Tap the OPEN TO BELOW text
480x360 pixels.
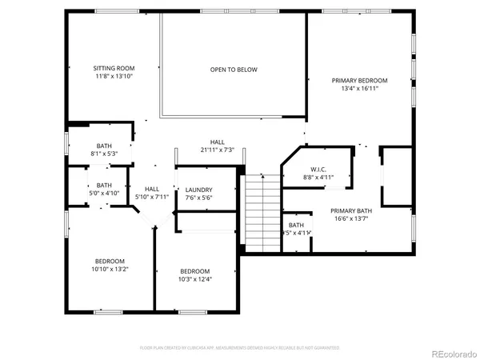(x=234, y=70)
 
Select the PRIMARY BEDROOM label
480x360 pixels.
(x=360, y=81)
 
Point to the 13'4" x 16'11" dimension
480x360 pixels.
(x=360, y=89)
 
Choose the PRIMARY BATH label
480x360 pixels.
(x=353, y=210)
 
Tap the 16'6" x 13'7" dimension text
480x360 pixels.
(x=353, y=218)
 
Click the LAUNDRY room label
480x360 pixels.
(x=198, y=190)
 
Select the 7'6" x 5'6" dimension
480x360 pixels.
(x=198, y=198)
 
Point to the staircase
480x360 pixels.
(x=261, y=213)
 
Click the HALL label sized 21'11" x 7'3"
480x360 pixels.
(x=218, y=142)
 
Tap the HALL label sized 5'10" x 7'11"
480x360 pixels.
(x=152, y=190)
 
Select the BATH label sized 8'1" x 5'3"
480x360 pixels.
(x=105, y=146)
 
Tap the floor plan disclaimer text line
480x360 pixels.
(x=239, y=348)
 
